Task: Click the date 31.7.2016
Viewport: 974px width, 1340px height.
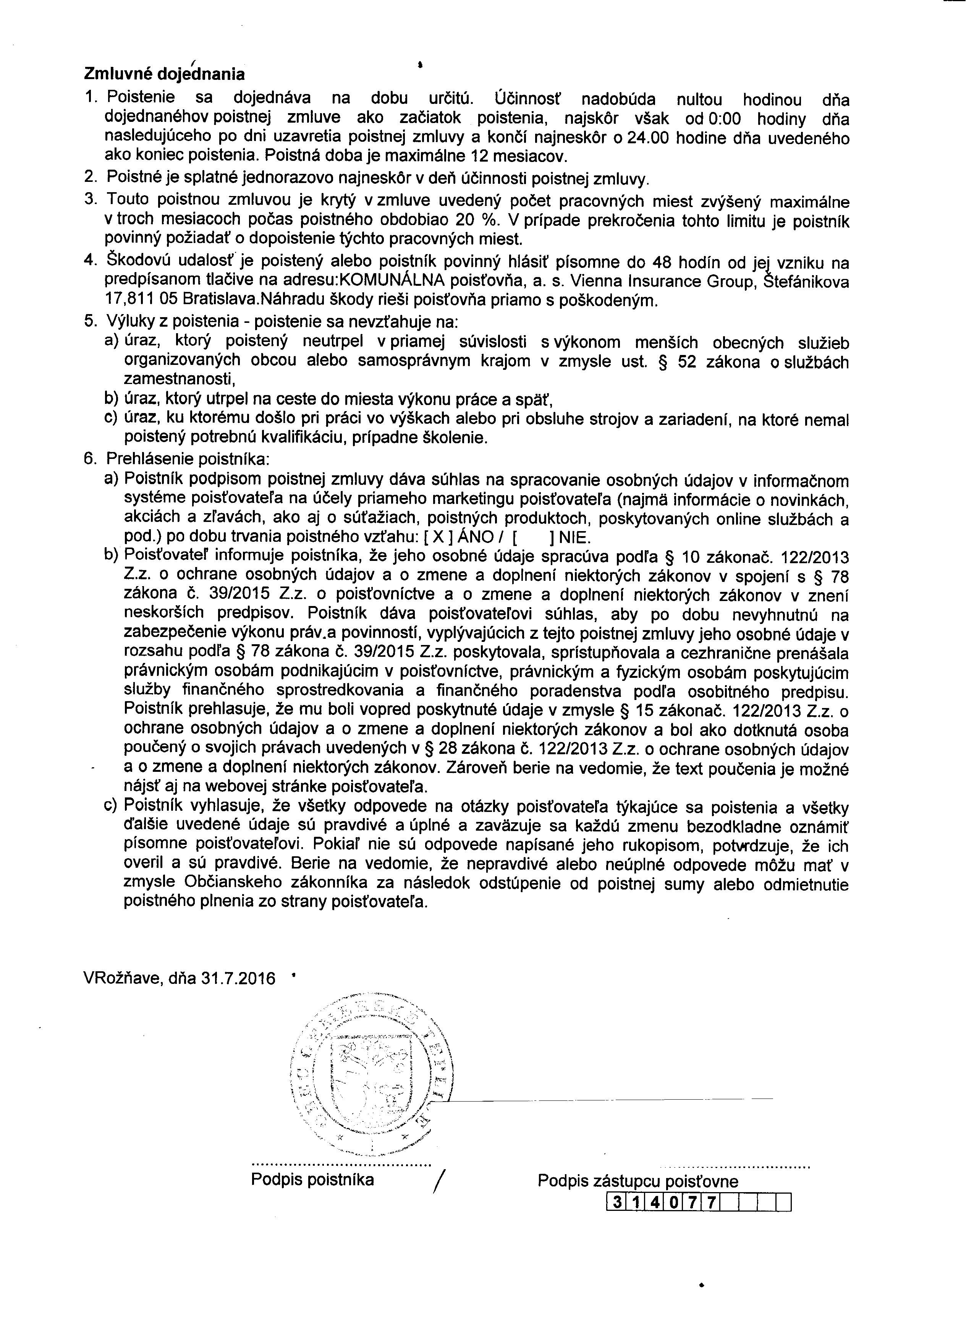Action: pos(238,979)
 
